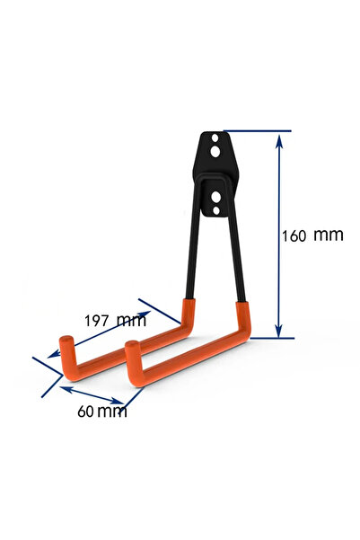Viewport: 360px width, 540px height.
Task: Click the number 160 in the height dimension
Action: (294, 236)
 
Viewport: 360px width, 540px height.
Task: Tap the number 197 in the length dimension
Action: (97, 321)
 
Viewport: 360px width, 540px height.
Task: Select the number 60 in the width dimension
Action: (85, 412)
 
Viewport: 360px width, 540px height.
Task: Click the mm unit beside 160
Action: (329, 235)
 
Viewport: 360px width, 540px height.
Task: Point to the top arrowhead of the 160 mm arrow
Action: (279, 140)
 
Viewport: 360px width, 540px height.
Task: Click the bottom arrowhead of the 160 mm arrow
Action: (279, 331)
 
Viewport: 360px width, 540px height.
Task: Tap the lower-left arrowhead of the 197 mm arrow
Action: (54, 354)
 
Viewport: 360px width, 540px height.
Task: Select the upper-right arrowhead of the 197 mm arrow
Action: (145, 314)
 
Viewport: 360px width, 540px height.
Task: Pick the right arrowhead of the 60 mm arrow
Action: (117, 401)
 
